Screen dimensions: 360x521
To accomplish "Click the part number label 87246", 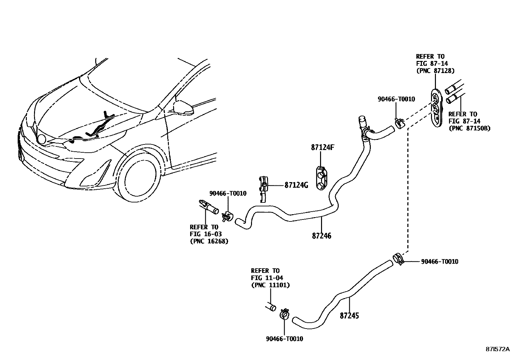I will point(321,236).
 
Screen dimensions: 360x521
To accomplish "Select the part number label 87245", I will point(349,316).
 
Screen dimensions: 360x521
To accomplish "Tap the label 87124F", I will point(322,147).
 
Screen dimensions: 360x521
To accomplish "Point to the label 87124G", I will point(296,185).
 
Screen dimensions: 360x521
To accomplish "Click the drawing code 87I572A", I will point(497,349).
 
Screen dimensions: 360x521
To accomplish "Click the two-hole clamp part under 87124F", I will point(321,178).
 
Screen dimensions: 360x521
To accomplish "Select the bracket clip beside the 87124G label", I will point(264,188).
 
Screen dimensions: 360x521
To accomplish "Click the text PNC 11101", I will point(270,285).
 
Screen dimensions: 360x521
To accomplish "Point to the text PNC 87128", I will point(435,70).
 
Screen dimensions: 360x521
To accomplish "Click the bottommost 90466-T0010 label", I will point(284,339).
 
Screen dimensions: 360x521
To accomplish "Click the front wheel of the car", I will point(137,179).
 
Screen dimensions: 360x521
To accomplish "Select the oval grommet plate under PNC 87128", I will point(436,107).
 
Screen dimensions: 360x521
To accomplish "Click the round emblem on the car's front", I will point(42,139).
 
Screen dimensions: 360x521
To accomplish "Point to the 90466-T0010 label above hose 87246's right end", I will point(396,99).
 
